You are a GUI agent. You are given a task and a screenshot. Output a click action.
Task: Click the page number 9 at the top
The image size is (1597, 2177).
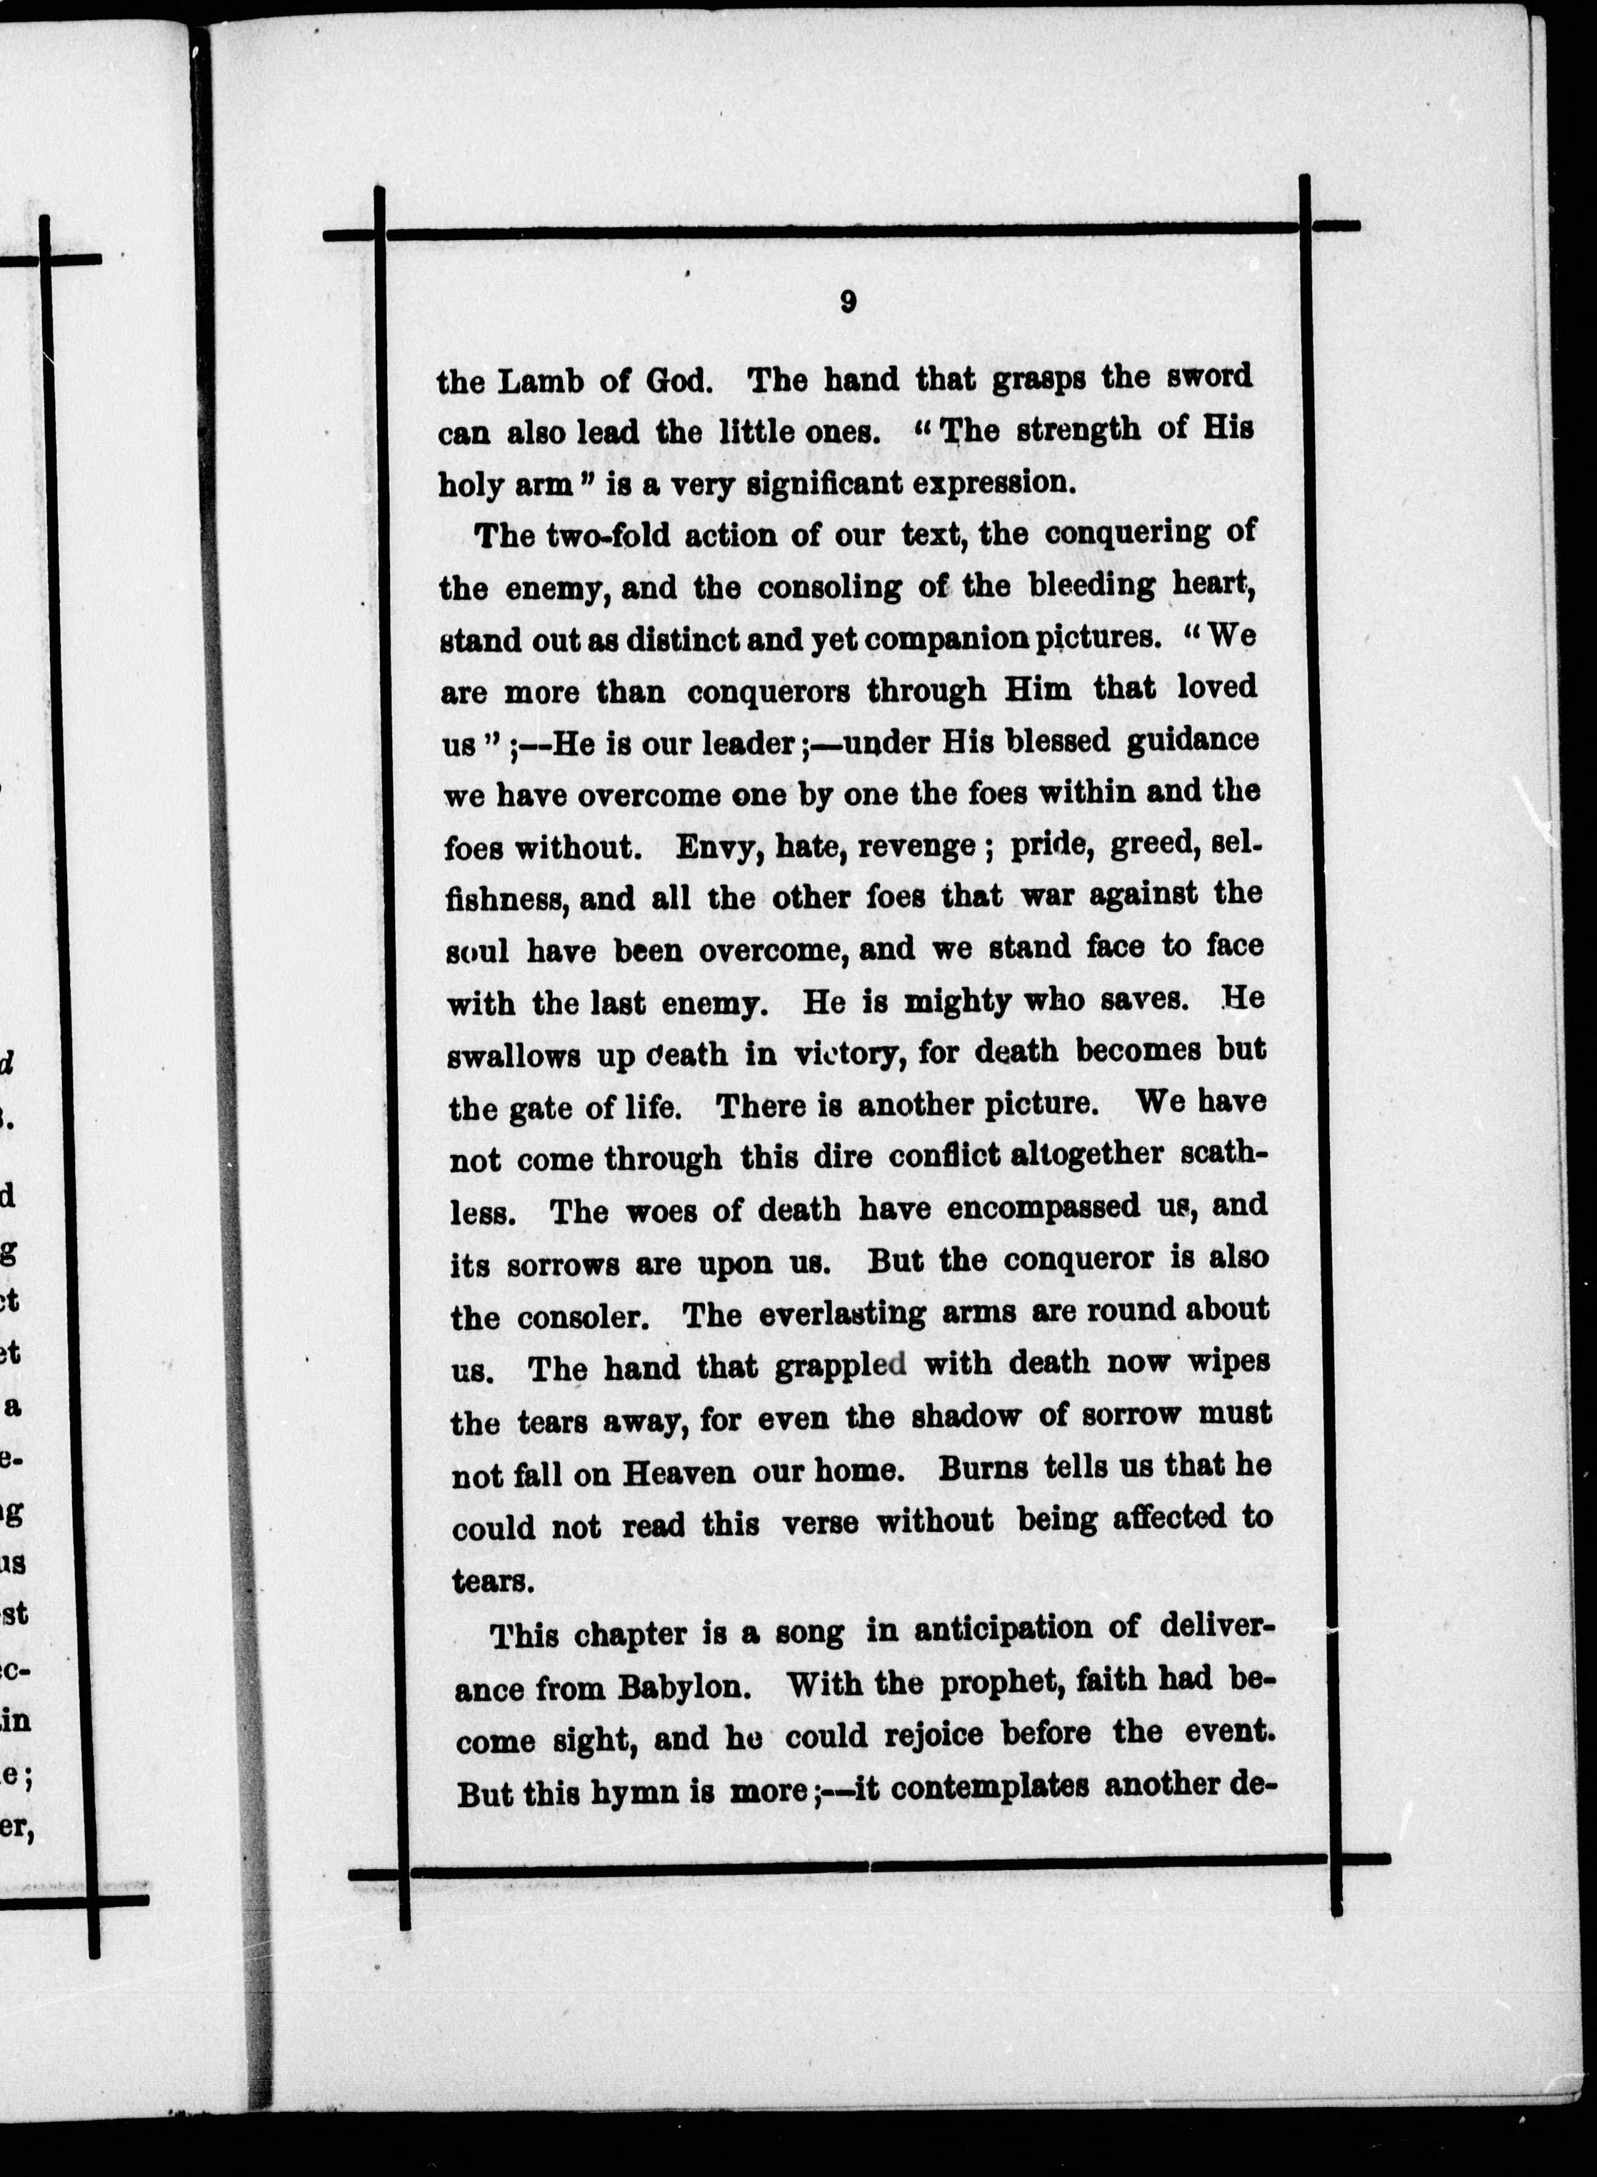[847, 304]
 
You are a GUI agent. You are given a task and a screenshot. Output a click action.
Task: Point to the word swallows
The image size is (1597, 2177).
[512, 1056]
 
